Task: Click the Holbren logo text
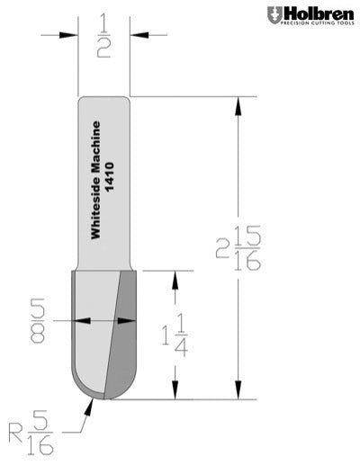[x=316, y=13]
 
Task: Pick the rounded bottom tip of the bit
[x=105, y=397]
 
